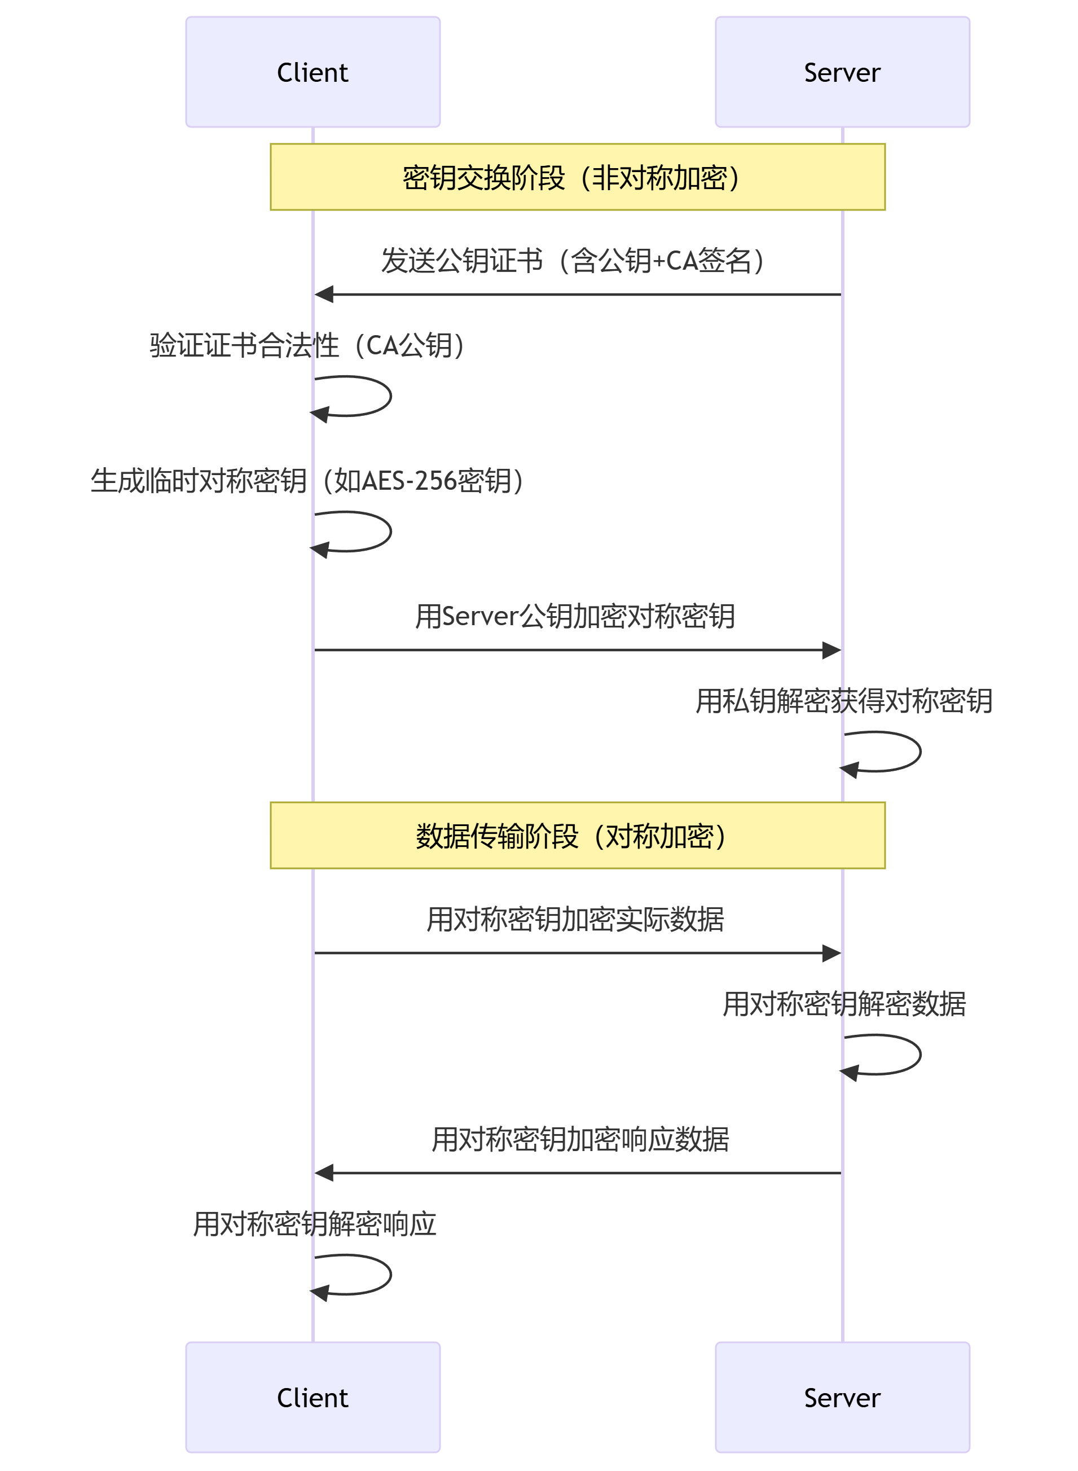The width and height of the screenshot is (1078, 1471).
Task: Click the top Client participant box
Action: pyautogui.click(x=313, y=72)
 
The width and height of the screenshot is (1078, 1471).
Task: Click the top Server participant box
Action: pyautogui.click(x=842, y=72)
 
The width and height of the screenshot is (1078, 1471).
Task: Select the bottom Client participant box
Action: pyautogui.click(x=313, y=1397)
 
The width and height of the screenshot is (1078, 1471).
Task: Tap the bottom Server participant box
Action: pyautogui.click(x=842, y=1397)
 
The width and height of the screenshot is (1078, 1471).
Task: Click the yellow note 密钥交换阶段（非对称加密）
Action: pyautogui.click(x=578, y=177)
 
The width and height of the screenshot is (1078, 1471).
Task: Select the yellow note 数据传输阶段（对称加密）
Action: pyautogui.click(x=578, y=835)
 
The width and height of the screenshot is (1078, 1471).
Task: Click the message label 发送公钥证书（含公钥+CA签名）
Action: pyautogui.click(x=573, y=260)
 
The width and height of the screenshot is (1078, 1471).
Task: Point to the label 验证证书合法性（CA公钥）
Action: pyautogui.click(x=308, y=345)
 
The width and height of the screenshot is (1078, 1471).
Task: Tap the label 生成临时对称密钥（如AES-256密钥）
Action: pyautogui.click(x=308, y=481)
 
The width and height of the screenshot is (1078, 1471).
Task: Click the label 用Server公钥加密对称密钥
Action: pyautogui.click(x=575, y=616)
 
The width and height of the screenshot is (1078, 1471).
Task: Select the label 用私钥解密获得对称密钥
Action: pyautogui.click(x=844, y=701)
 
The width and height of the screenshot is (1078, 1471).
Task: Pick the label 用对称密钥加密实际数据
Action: pyautogui.click(x=575, y=919)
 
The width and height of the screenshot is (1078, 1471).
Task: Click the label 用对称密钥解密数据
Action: pyautogui.click(x=844, y=1004)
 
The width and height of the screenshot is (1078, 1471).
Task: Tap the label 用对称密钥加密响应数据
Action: pyautogui.click(x=580, y=1139)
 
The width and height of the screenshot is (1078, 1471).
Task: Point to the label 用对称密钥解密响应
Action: pyautogui.click(x=315, y=1224)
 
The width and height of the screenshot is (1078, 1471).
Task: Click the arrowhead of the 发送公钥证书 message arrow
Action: pyautogui.click(x=324, y=295)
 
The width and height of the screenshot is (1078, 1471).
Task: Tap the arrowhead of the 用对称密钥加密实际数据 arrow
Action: pyautogui.click(x=831, y=954)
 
